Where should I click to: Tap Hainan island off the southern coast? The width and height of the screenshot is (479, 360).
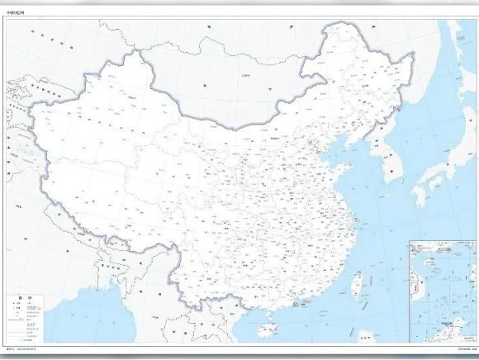(265, 330)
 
